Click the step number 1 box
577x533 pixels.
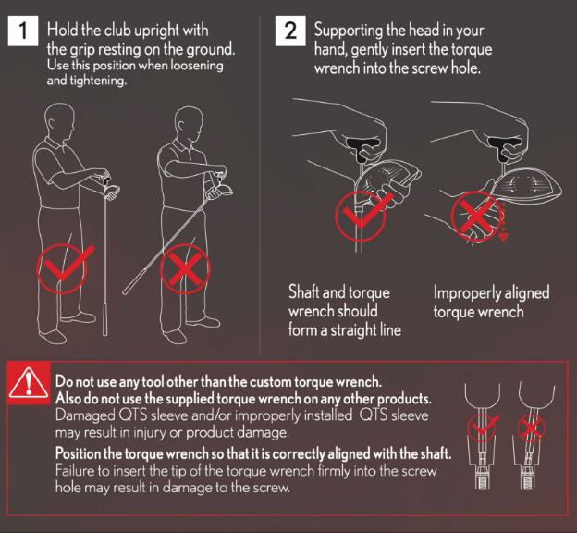click(22, 31)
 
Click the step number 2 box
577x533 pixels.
click(289, 31)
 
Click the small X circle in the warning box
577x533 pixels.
click(530, 427)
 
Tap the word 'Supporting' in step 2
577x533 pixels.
click(348, 31)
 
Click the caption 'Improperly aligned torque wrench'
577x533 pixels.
click(490, 303)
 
